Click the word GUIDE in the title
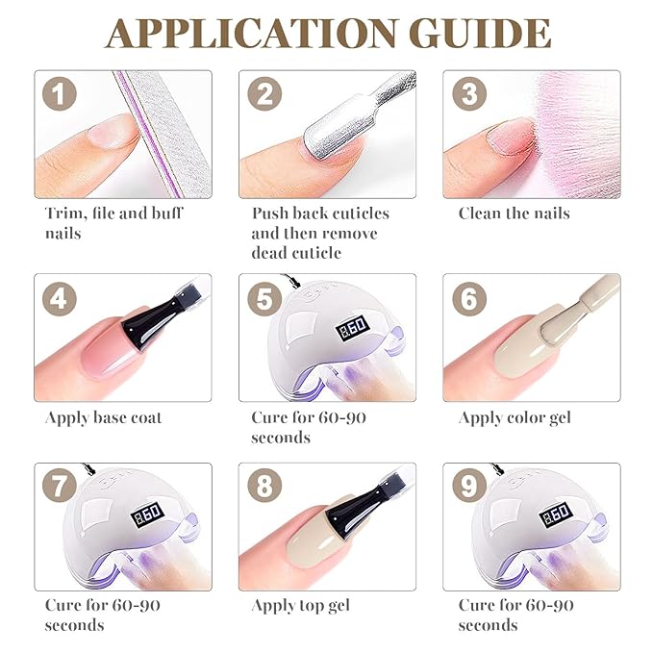coord(480,34)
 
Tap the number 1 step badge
coord(60,93)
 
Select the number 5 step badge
coord(264,298)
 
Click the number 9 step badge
coord(469,486)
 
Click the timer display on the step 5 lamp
coord(353,327)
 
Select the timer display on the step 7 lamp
coord(147,515)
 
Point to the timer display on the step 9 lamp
coord(556,515)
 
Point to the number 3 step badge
coord(469,93)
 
